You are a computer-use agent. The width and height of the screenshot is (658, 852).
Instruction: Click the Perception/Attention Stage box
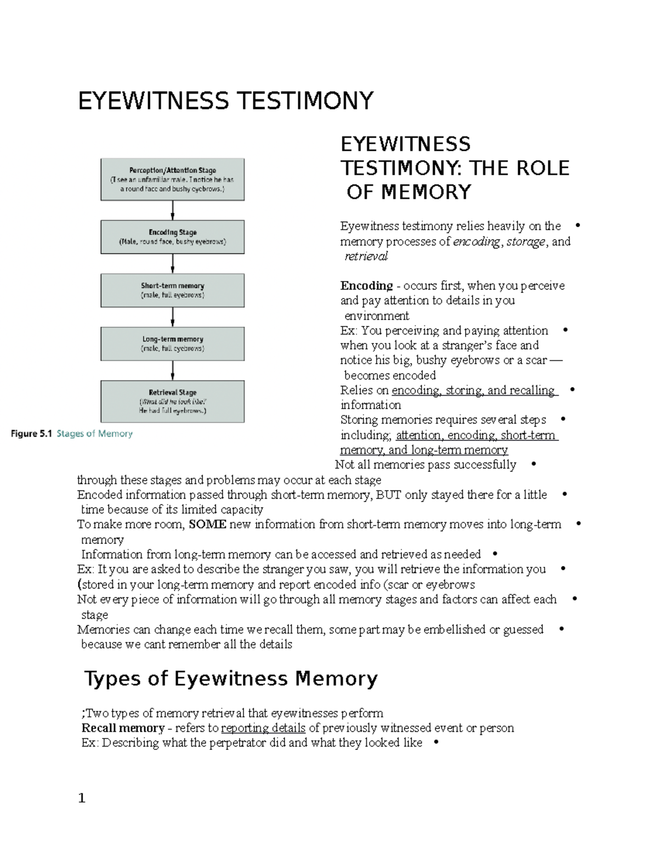click(172, 179)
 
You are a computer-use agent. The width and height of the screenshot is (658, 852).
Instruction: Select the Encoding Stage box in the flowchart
click(172, 237)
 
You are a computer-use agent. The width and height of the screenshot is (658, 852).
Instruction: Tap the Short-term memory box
click(172, 290)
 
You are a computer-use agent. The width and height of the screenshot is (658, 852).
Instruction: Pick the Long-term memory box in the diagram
click(172, 343)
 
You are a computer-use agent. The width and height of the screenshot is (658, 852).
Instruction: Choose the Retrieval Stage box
click(172, 402)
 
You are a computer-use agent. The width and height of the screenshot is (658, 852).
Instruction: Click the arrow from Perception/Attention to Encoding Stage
click(173, 210)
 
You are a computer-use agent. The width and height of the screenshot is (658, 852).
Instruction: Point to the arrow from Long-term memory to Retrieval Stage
click(173, 370)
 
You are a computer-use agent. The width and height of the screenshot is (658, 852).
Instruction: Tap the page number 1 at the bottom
click(82, 798)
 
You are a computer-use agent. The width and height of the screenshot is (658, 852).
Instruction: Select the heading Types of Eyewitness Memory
click(231, 679)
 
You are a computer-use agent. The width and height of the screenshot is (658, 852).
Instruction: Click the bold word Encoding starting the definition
click(366, 286)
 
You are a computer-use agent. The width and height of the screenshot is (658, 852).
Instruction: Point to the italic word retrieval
click(366, 256)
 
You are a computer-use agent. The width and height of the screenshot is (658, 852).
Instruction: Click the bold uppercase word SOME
click(207, 524)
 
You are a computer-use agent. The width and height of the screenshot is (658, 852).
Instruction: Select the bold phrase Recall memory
click(123, 728)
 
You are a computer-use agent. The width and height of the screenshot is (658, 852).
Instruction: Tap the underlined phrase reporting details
click(263, 728)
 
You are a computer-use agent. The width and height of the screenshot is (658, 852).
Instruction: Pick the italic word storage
click(525, 241)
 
